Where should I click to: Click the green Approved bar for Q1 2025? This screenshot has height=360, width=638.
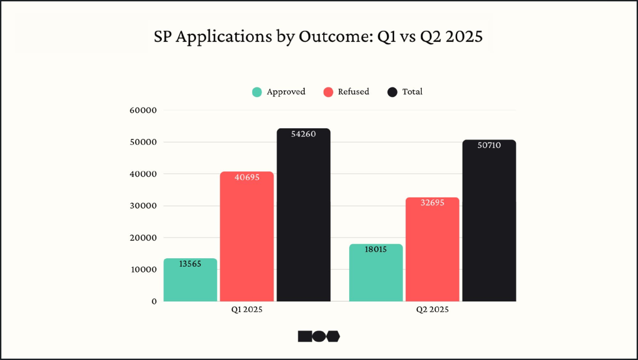(x=190, y=280)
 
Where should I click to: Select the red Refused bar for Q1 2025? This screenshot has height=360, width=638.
(x=247, y=236)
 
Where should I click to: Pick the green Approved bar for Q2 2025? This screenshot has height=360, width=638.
(x=376, y=273)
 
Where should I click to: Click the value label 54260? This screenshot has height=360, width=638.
(x=304, y=134)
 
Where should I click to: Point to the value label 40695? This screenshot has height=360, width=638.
(x=247, y=177)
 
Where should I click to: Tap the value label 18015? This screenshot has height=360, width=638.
(x=376, y=249)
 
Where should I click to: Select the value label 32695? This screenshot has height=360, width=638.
(x=432, y=203)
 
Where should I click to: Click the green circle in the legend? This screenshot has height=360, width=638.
(x=257, y=92)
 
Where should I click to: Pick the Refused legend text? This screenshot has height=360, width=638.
(x=353, y=92)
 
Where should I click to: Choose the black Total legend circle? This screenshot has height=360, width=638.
(x=393, y=92)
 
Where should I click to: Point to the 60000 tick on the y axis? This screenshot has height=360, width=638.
(x=144, y=111)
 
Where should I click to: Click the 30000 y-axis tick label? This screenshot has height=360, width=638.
(x=144, y=206)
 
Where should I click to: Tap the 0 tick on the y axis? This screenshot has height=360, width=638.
(x=154, y=301)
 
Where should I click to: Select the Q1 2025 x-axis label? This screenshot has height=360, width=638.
(x=247, y=310)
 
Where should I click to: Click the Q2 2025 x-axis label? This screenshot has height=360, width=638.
(x=432, y=310)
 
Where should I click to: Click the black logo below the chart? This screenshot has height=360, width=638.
(x=319, y=336)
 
